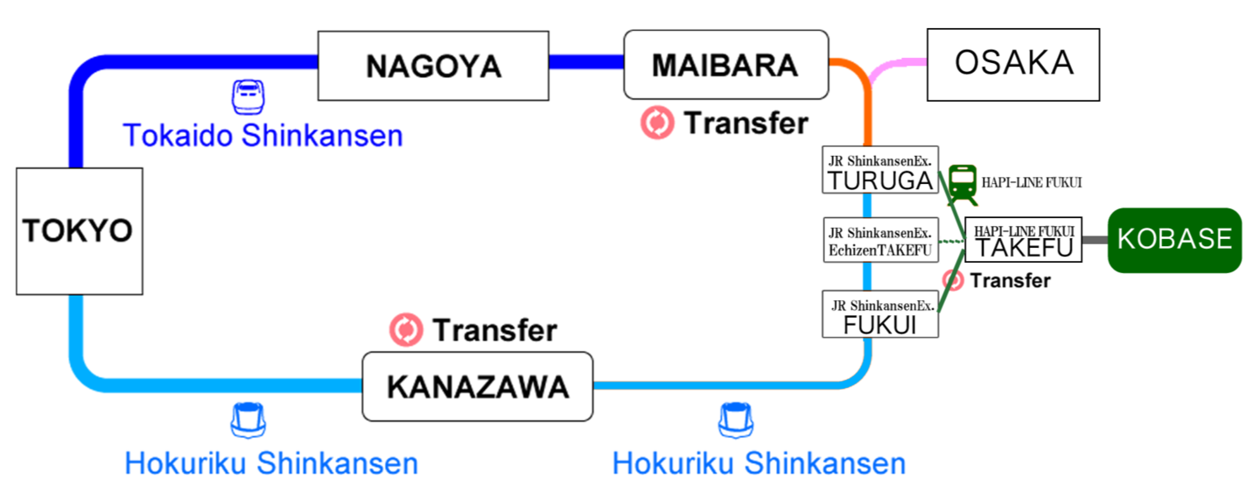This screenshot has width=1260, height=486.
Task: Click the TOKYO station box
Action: pos(79,231)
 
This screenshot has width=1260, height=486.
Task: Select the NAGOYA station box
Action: pos(433,66)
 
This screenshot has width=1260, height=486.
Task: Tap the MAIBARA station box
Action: pos(725,65)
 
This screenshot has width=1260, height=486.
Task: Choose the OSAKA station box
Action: pos(1013,64)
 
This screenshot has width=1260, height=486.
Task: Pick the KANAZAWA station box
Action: pos(478,386)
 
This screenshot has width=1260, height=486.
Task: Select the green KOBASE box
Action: pos(1174,239)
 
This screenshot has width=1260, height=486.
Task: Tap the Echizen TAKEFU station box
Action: pos(881,240)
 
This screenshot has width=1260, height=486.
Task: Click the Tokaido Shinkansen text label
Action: pos(262,136)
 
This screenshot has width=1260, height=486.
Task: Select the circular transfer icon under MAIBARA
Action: pos(657,123)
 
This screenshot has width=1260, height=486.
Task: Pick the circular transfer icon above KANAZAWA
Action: pos(406,330)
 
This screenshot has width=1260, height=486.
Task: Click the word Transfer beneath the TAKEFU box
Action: pos(1010,281)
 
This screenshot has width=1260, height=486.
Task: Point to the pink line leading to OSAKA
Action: pos(901,65)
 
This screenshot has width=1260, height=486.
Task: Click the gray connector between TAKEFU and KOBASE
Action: pos(1093,239)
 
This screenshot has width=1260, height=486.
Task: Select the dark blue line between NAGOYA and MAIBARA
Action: pos(586,62)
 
